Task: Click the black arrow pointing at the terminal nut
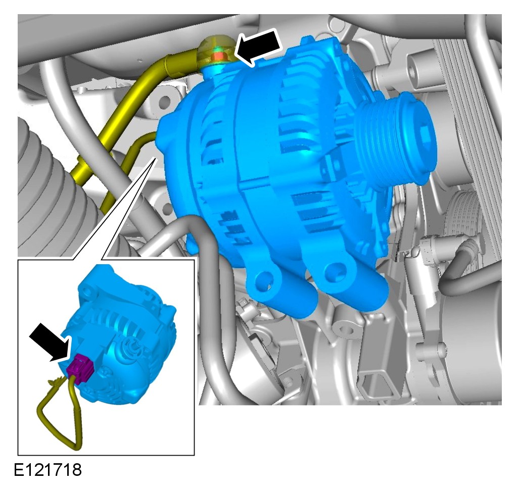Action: (x=259, y=46)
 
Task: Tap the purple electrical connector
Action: (x=80, y=369)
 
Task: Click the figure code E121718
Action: (x=48, y=470)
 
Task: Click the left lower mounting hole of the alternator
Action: (x=264, y=279)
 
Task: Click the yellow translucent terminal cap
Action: (x=216, y=52)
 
